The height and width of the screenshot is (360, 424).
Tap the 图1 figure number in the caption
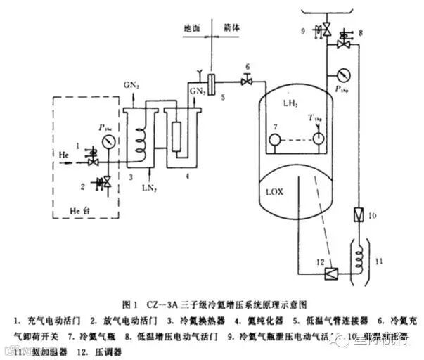(x=129, y=304)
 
